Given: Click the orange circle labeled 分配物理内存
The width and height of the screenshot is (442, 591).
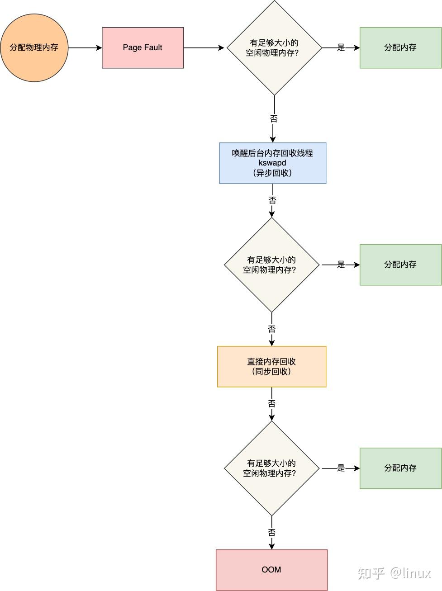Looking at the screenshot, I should point(34,47).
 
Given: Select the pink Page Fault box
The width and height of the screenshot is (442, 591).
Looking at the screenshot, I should point(143,47).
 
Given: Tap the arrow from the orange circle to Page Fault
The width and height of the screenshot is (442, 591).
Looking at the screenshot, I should point(85,47).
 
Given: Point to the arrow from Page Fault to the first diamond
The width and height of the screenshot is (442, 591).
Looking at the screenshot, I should point(204,47).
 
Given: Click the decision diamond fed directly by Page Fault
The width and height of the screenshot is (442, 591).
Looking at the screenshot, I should point(274,47).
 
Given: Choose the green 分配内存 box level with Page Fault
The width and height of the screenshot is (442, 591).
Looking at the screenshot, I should point(400,47).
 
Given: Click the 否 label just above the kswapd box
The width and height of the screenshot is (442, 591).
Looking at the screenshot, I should point(274,119).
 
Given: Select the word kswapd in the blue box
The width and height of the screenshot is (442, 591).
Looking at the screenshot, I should point(272,163).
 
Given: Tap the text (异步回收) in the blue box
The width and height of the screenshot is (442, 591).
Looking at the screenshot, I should point(272,173).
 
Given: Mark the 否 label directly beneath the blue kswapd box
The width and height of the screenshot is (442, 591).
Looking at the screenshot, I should point(272,200).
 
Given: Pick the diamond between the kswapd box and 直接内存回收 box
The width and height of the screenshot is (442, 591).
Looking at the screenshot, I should point(271,265).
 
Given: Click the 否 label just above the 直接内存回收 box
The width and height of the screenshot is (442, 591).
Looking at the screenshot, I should point(271,329).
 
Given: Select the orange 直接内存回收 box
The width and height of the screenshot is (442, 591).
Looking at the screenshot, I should point(271,366).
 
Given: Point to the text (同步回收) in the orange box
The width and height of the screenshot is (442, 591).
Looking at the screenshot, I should point(271,372).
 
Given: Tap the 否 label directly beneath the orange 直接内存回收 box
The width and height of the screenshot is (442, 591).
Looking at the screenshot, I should point(271,404).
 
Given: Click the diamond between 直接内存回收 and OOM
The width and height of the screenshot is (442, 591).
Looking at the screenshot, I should point(271,468).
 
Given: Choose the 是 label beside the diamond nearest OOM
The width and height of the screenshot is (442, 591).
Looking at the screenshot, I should point(341,468).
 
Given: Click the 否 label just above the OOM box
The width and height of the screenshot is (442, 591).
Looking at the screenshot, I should point(271,533).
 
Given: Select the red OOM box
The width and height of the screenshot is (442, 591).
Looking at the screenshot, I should point(271,570).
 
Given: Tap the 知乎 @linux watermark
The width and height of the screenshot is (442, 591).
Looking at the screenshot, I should point(394,573).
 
